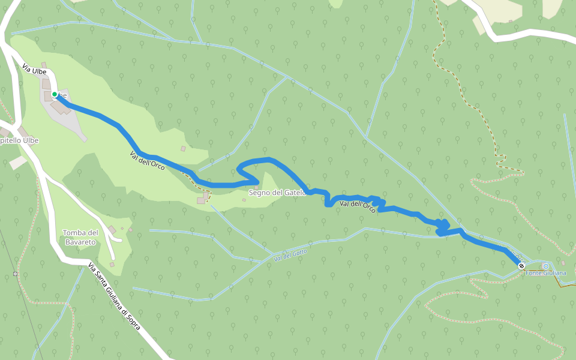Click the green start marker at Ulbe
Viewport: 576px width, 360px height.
click(x=54, y=94)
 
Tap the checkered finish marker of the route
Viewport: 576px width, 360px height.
click(x=522, y=265)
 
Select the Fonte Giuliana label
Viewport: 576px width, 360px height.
click(x=546, y=273)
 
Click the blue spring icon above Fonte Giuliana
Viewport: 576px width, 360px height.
click(x=545, y=266)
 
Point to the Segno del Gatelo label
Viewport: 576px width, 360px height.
click(x=277, y=193)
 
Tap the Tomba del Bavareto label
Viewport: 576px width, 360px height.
click(x=80, y=237)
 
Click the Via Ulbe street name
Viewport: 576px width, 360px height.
click(x=34, y=70)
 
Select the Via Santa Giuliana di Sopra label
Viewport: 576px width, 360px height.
click(x=113, y=296)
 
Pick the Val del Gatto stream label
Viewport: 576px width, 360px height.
click(x=290, y=255)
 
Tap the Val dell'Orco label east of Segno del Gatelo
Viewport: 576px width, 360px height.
click(x=358, y=206)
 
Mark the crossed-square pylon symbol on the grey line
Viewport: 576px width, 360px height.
click(x=15, y=274)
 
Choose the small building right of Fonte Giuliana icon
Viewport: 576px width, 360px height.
click(x=563, y=263)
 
